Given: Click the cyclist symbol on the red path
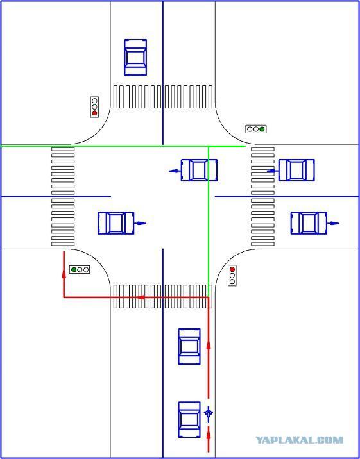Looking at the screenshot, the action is [x=209, y=414].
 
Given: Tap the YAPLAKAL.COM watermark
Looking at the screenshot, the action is [x=299, y=440].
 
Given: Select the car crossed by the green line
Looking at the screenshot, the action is [x=199, y=170].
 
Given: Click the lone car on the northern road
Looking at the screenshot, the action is [x=135, y=58].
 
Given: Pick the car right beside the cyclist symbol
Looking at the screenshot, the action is [x=189, y=419].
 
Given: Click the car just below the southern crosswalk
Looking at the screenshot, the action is [x=189, y=346].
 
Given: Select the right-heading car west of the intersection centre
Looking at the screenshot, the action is [x=116, y=223].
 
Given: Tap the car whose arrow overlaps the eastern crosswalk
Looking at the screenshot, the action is [x=296, y=170].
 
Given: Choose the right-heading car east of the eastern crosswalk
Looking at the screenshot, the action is [x=309, y=223].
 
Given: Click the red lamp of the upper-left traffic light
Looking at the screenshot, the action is [x=94, y=113].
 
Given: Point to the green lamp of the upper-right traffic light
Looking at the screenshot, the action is [x=262, y=129].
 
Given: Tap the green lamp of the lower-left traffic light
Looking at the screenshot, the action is [x=74, y=269].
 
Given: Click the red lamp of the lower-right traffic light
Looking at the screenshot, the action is [x=232, y=269].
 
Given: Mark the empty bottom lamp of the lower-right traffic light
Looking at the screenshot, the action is [x=232, y=281].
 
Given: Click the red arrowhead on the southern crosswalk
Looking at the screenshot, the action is [x=141, y=297].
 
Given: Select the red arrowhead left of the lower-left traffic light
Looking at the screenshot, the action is [x=64, y=273].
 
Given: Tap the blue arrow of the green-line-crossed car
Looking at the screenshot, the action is [x=175, y=171].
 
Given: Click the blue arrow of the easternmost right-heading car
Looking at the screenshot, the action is [x=333, y=223].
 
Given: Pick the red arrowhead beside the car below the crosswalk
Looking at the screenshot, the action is [x=209, y=345].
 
